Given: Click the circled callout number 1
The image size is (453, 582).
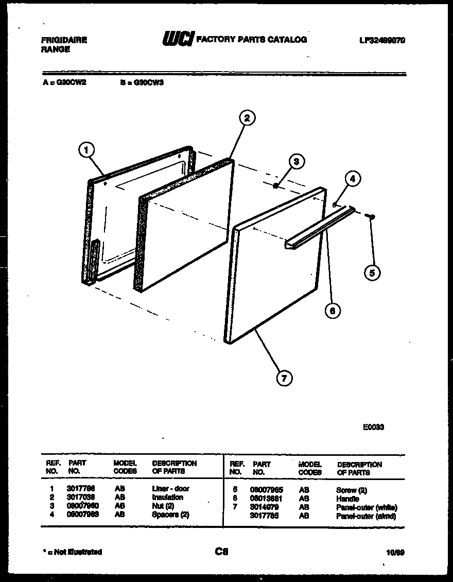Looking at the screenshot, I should tap(87, 150).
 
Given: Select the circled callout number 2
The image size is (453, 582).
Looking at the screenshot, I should tap(247, 118).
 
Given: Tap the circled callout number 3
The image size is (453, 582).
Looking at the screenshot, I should tap(295, 161).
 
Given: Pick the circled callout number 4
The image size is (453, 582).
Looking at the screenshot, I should tap(352, 179).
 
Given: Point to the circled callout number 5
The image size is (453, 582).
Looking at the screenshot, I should tap(372, 272).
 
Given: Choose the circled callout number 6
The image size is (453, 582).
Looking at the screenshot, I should tap(333, 310).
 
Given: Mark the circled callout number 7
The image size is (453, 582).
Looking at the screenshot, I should tap(284, 379).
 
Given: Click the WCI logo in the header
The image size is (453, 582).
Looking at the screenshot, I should tap(178, 39).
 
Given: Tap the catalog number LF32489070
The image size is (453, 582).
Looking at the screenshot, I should tap(381, 40).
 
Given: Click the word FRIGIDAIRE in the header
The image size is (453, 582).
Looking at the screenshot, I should tap(64, 40).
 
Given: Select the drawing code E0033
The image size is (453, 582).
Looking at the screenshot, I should tap(373, 427).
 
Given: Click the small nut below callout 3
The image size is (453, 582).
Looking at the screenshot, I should tap(276, 186).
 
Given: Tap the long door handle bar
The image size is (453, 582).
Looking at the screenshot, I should tap(319, 228).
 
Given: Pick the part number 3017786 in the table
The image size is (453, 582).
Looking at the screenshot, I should tap(80, 488).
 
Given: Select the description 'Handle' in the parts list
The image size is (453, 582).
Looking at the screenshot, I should tap(347, 499).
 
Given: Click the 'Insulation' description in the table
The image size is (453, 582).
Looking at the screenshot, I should tap(167, 497).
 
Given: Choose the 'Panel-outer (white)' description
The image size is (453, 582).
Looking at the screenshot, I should tap(366, 507).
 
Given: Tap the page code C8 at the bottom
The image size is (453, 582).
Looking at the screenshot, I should tap(221, 552).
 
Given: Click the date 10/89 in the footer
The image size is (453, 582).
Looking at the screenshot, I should tap(395, 552).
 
